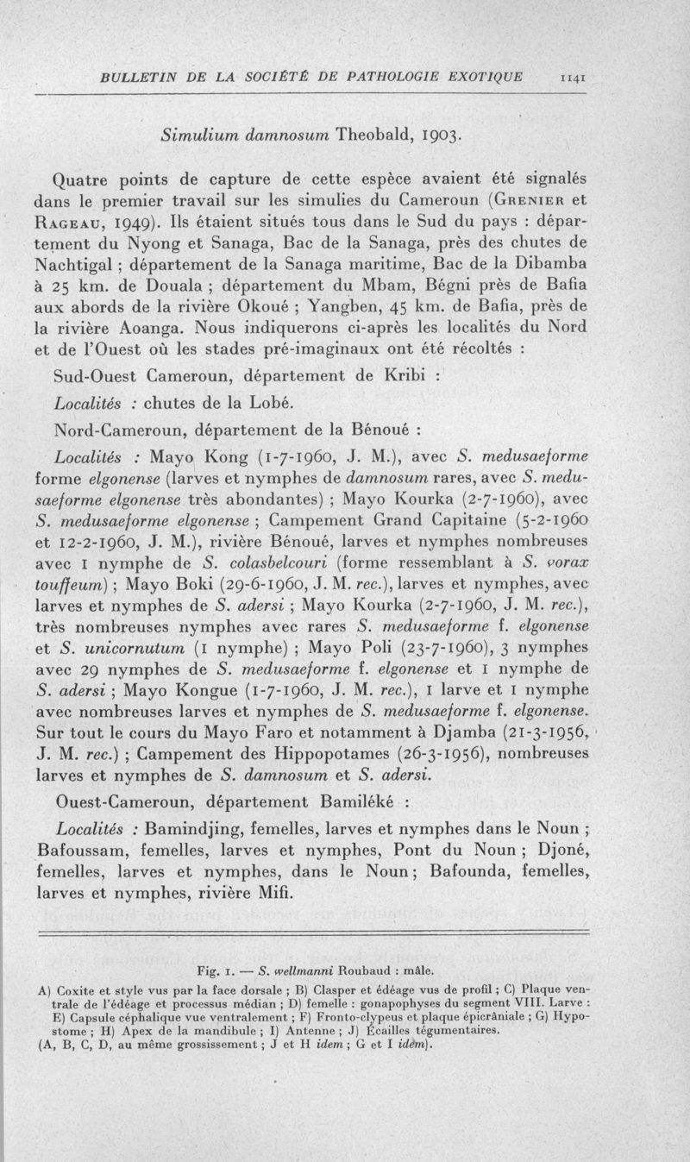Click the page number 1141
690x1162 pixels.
click(574, 77)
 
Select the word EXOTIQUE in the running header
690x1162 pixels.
click(484, 77)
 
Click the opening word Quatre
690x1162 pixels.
click(82, 180)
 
